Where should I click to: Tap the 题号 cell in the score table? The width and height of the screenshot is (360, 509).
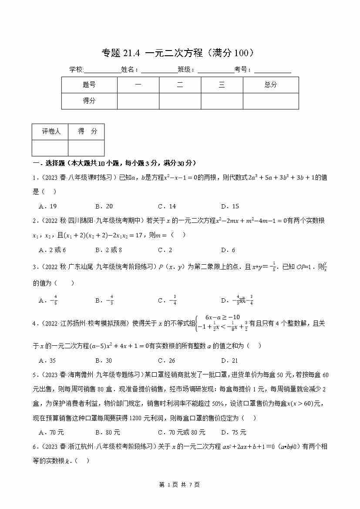click(89, 85)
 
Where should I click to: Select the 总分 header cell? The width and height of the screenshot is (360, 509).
click(270, 85)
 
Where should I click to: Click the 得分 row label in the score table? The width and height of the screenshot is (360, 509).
click(89, 101)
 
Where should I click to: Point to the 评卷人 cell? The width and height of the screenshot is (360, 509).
click(51, 131)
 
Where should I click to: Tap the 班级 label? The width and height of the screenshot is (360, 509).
click(186, 70)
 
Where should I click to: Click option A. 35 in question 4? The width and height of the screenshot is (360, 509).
click(47, 361)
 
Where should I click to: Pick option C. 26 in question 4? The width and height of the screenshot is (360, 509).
click(166, 361)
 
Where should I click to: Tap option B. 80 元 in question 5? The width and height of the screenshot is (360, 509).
click(108, 432)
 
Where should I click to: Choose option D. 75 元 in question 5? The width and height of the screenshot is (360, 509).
click(233, 432)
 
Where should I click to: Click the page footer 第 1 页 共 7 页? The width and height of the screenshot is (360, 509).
click(180, 485)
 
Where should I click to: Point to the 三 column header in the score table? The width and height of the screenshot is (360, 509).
click(222, 85)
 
